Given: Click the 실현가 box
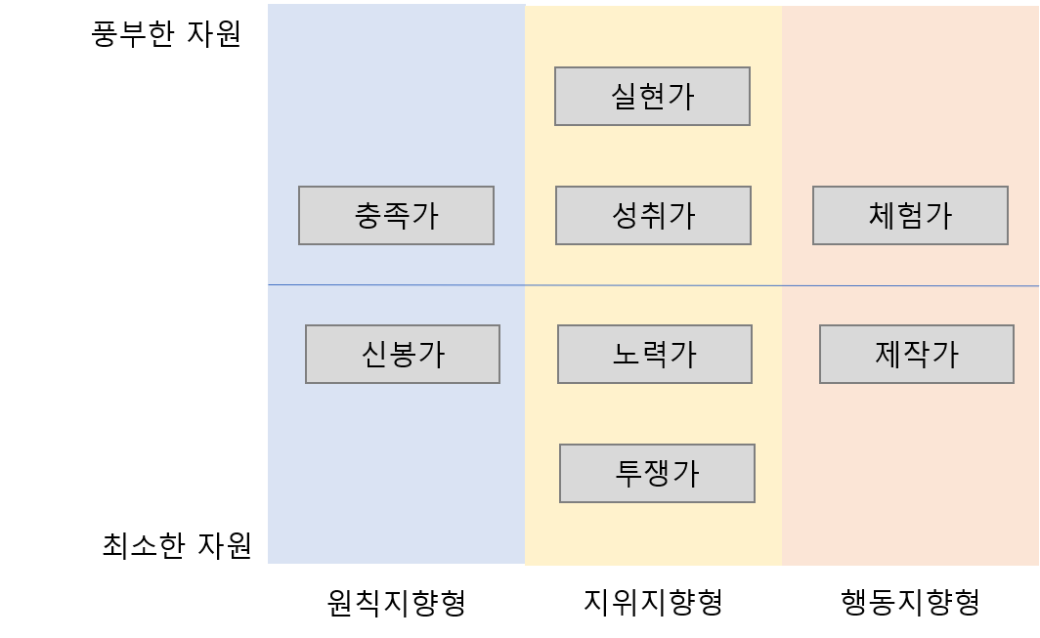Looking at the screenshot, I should point(652,96).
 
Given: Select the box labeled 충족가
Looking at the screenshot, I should point(396,215).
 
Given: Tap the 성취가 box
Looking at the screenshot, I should point(653,215).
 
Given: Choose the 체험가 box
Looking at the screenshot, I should point(910,215).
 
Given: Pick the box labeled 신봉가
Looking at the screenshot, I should point(403,354).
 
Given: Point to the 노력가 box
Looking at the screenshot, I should point(655,354).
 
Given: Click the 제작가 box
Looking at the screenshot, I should point(917,354).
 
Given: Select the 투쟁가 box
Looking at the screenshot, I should point(657,473).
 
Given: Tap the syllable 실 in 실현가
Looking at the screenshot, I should point(625,96).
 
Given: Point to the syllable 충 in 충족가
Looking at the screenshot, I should point(368,215).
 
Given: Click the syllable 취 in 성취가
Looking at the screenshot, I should point(654,215).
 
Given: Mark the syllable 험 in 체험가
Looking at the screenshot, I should point(911,215).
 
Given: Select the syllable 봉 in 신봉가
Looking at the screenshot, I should point(404,354).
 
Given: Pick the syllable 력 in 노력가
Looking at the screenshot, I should point(656,354).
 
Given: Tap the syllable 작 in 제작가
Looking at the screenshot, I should point(918,354).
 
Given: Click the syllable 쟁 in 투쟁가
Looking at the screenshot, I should point(658,473).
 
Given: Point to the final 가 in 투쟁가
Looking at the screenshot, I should point(685,473).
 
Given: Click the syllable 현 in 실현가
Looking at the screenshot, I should point(653,96).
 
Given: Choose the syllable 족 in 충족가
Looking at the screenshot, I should point(397,215).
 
